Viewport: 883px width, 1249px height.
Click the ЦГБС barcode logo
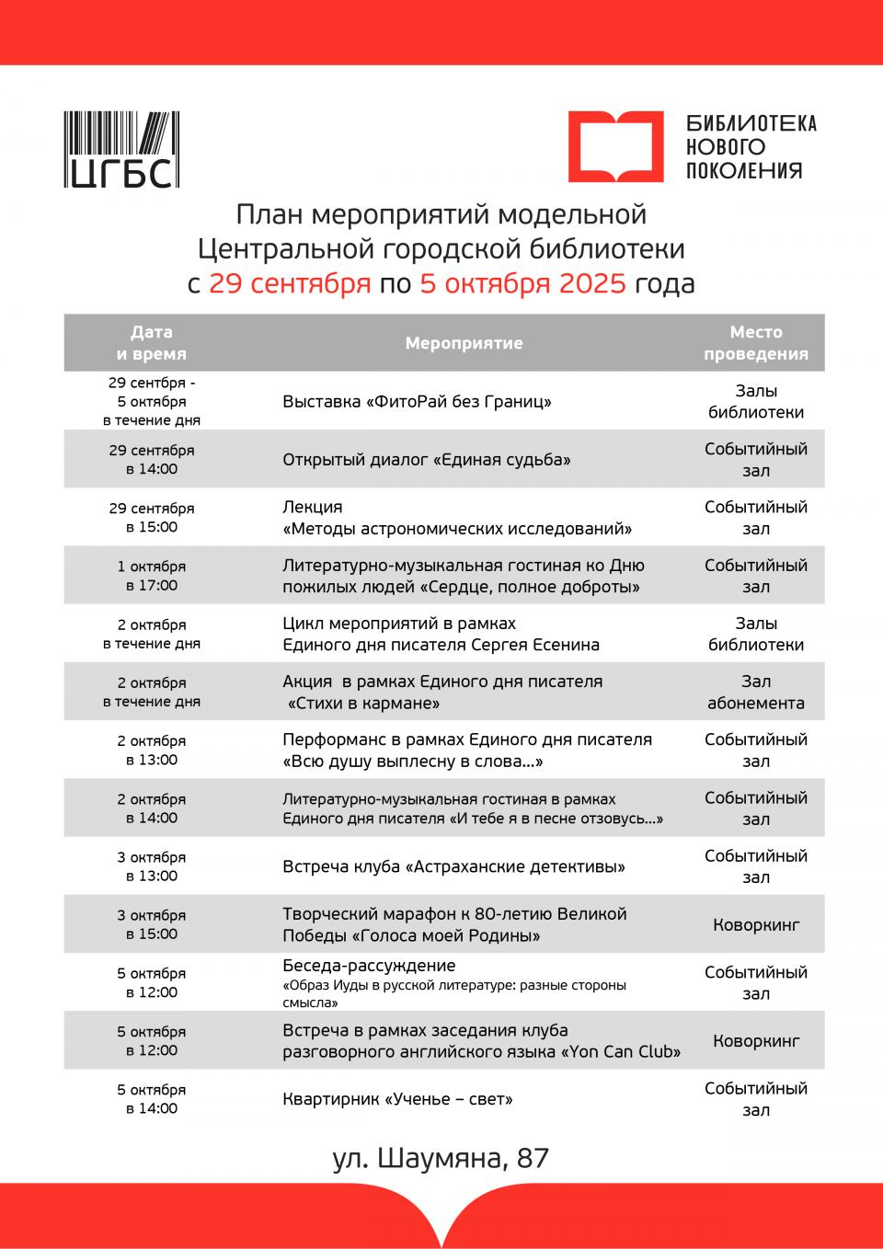[121, 150]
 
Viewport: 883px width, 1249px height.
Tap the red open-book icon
[614, 146]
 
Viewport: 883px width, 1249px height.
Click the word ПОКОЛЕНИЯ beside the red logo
[744, 170]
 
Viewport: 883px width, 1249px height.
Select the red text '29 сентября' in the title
[290, 283]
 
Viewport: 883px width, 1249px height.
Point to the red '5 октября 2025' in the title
[522, 283]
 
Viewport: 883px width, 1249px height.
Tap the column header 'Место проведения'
[755, 343]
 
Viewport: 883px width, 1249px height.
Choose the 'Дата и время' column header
[152, 343]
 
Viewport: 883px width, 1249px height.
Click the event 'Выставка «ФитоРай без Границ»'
[417, 402]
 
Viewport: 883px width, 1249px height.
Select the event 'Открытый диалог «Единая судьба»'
[426, 460]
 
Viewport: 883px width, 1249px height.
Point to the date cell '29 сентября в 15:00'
[152, 518]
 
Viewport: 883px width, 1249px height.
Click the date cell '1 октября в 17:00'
[152, 576]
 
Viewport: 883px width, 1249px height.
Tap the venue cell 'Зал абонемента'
[755, 693]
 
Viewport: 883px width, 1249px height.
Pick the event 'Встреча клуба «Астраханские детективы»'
[453, 866]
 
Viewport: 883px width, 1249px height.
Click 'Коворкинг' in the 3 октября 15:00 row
[755, 924]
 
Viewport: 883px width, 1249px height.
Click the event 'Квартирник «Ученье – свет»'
[397, 1099]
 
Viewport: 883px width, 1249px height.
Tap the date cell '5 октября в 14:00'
[152, 1099]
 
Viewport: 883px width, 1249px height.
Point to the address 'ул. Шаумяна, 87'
[441, 1158]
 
